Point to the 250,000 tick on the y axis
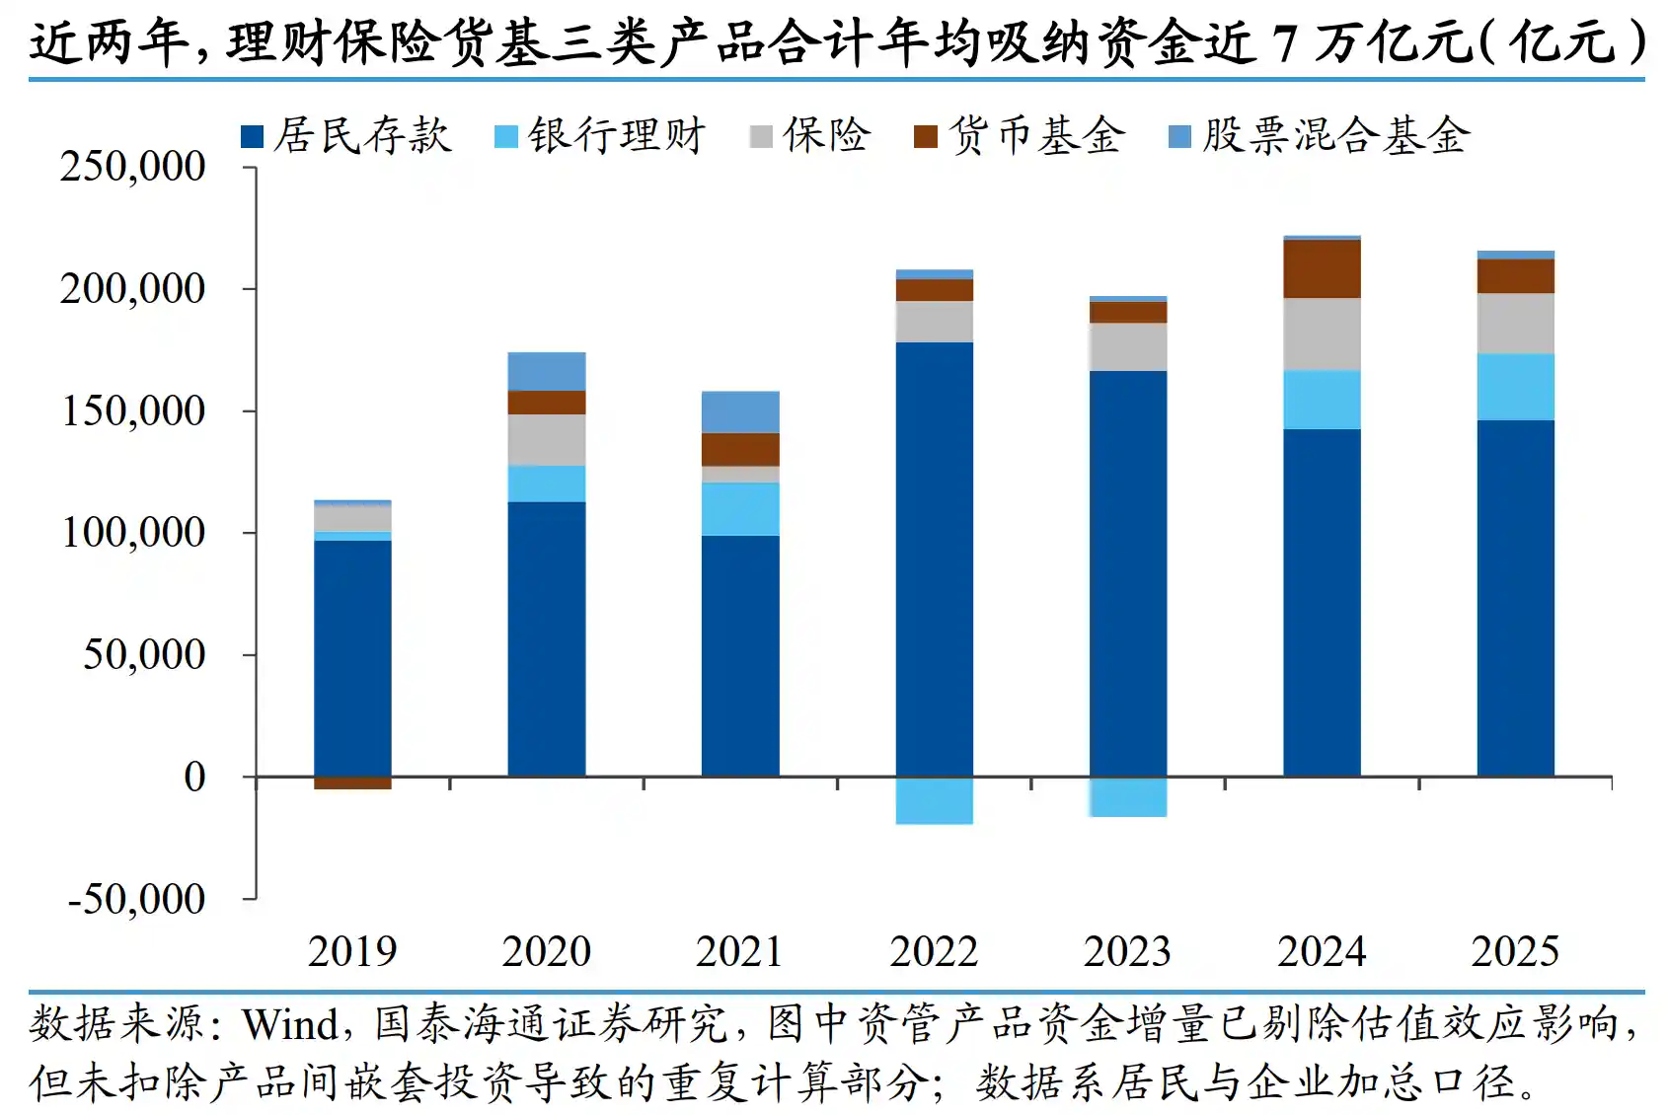(133, 166)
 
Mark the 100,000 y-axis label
(133, 533)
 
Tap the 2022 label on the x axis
(934, 952)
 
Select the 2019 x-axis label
(352, 952)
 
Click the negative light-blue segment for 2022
(934, 800)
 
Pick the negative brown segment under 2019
(352, 783)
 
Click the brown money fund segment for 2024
(1322, 269)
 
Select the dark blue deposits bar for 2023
(1128, 572)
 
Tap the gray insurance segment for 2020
(546, 440)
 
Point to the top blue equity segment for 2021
(740, 412)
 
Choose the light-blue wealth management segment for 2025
(1515, 387)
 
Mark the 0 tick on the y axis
(195, 778)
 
